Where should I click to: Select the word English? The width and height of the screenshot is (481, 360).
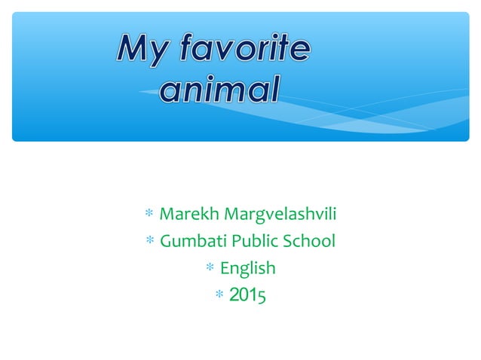pos(247,268)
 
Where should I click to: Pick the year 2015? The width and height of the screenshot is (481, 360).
pos(247,294)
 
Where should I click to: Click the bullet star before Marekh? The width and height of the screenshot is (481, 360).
pos(149,215)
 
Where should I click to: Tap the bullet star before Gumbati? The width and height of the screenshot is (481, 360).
pos(150,242)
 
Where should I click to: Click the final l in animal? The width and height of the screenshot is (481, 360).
pos(274,89)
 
